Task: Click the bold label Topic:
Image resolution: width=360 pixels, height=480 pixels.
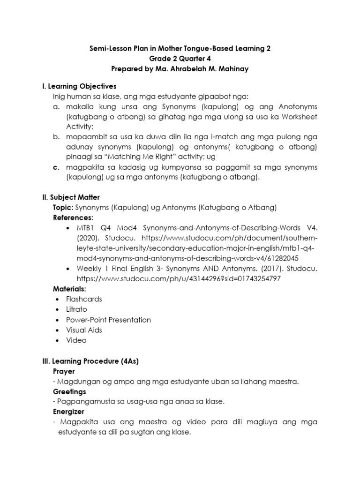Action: [65, 207]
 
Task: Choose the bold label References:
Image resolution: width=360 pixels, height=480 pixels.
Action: [73, 217]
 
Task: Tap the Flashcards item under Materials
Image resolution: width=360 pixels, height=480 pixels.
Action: [84, 299]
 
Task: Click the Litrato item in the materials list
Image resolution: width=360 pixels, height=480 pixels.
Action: [76, 309]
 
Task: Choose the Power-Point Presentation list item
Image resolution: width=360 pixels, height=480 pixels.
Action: [108, 320]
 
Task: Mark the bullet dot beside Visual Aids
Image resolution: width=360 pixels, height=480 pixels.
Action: [57, 330]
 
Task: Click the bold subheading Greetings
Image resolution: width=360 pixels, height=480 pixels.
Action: [70, 391]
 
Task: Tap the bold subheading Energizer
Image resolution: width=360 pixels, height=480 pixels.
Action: [69, 412]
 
